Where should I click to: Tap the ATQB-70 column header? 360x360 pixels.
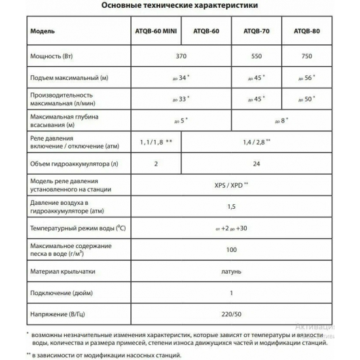click(256, 31)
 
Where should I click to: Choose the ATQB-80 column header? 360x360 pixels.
click(306, 31)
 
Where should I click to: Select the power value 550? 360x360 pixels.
click(256, 57)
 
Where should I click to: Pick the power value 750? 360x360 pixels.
click(306, 57)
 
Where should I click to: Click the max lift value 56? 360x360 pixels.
click(305, 79)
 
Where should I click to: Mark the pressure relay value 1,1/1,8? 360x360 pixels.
click(155, 141)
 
